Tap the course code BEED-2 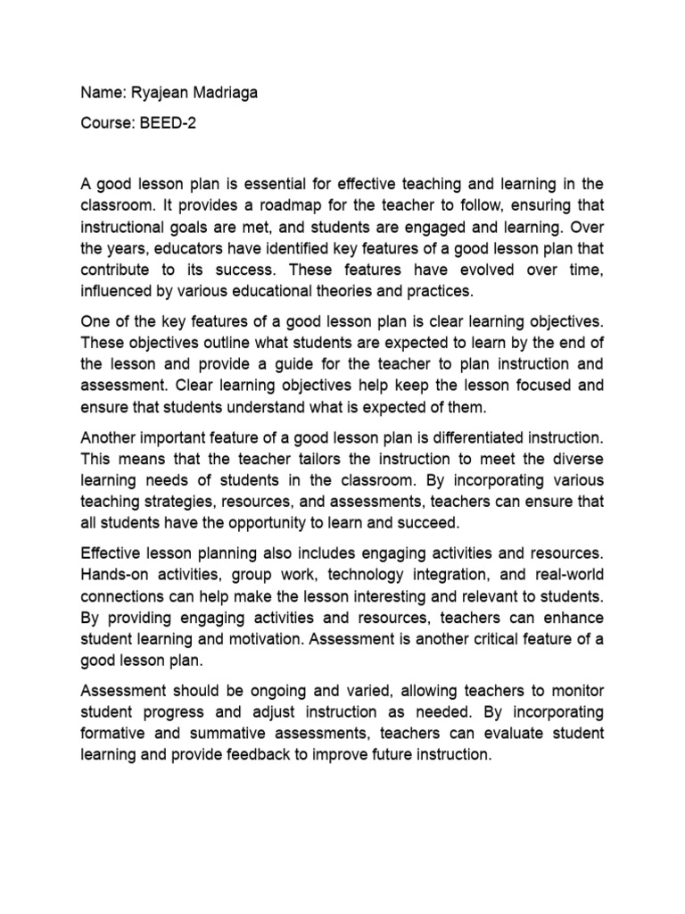(167, 123)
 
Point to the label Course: (106, 123)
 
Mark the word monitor (576, 691)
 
